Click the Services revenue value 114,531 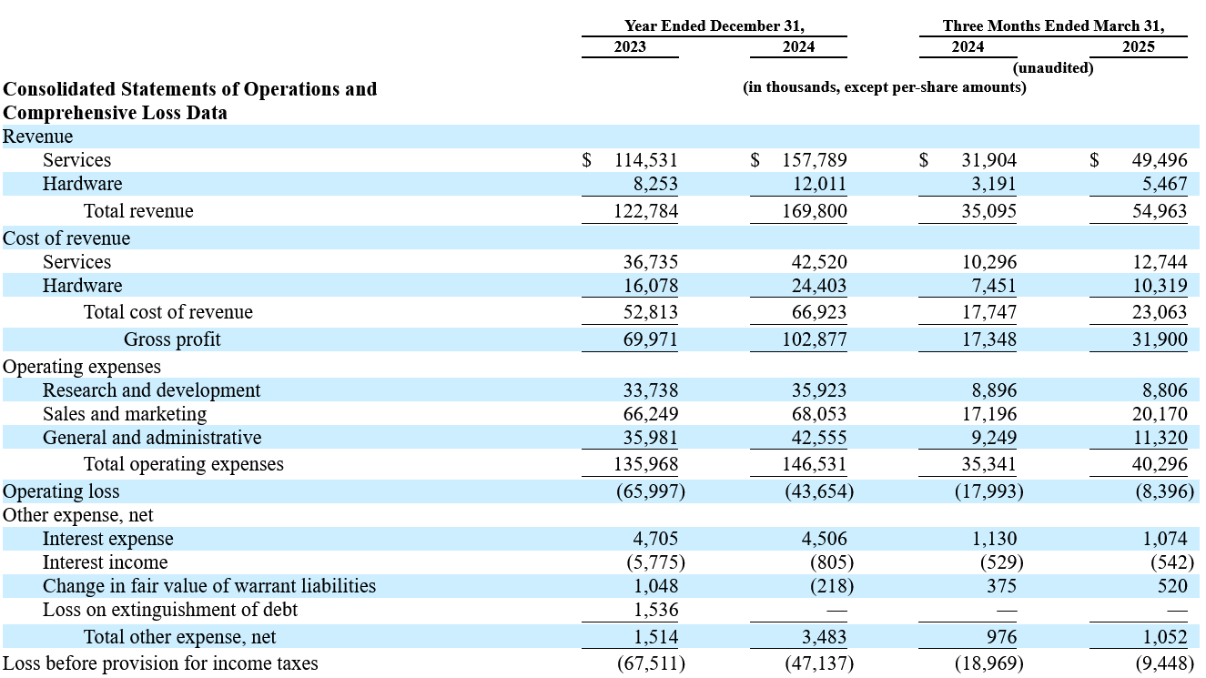coord(646,160)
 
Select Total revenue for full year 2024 coord(815,210)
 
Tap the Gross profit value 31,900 coord(1160,339)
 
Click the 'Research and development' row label coord(151,390)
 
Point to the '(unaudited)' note coord(1053,68)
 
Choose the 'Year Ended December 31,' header coord(714,25)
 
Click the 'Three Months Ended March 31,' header coord(1054,25)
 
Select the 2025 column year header coord(1138,46)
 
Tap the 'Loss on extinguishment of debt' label coord(170,610)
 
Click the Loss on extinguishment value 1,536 coord(655,610)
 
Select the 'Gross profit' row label coord(172,339)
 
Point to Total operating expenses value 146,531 coord(815,464)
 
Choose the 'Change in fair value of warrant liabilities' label coord(209,586)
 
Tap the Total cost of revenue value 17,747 coord(989,312)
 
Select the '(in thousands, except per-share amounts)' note coord(885,87)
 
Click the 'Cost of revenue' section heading coord(66,238)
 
